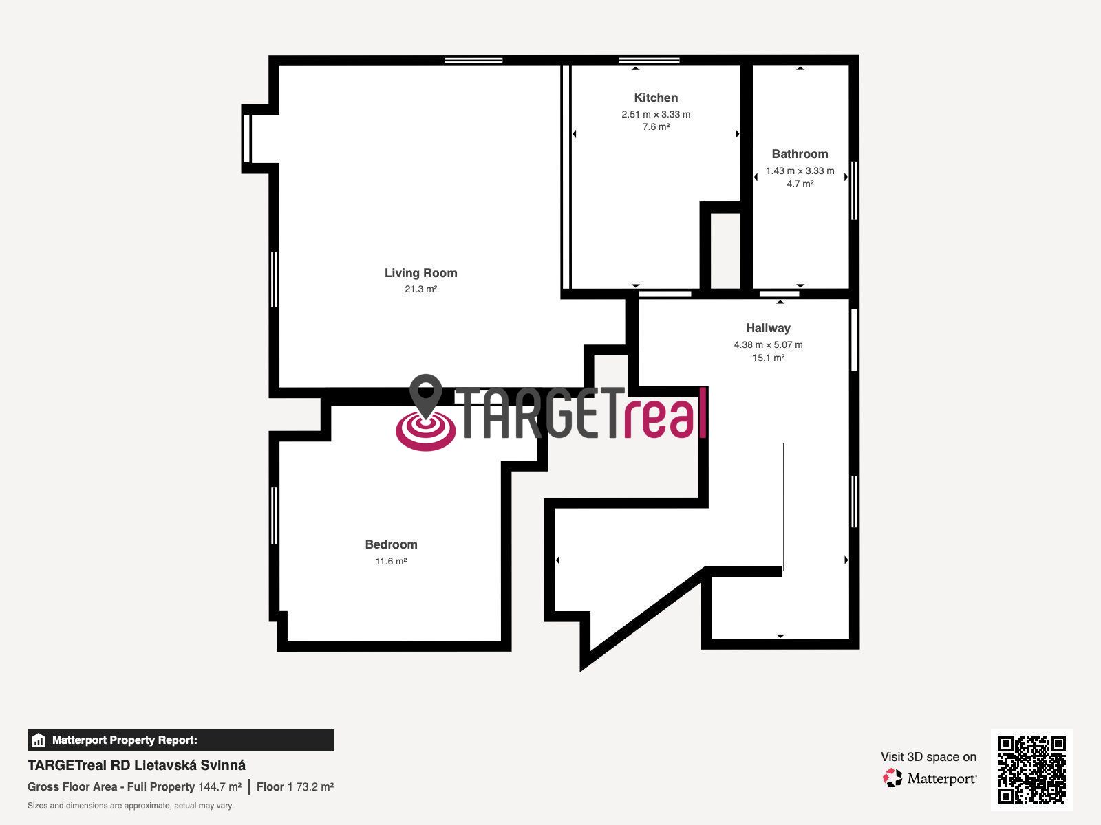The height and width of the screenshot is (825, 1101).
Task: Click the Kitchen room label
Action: coord(656,97)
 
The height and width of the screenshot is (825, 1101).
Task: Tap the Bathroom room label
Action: coord(800,154)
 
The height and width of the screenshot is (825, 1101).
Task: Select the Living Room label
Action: coord(421,272)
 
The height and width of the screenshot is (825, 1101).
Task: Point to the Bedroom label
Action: coord(392,544)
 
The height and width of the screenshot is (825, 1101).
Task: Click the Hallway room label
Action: coord(768,328)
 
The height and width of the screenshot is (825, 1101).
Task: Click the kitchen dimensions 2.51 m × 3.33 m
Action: coord(656,114)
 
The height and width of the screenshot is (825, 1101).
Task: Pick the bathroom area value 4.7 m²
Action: coord(800,184)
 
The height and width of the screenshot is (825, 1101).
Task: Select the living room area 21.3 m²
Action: coord(421,289)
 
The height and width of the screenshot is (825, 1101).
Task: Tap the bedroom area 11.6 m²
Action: coord(392,561)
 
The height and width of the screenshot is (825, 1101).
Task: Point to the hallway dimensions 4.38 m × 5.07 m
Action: coord(768,344)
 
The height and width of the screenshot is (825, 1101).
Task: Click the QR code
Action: coord(1031,769)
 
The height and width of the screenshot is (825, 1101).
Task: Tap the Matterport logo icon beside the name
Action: coord(892,778)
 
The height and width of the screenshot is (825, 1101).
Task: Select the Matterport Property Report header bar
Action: coord(180,739)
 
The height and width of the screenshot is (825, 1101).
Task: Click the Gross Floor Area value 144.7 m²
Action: coord(220,786)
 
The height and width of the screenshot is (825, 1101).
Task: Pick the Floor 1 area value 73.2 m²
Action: coord(315,786)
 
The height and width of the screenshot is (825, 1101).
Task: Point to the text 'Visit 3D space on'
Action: coord(928,757)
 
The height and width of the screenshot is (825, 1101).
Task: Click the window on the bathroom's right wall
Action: coord(855,190)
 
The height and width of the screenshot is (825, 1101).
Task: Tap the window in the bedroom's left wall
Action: coord(274,516)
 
